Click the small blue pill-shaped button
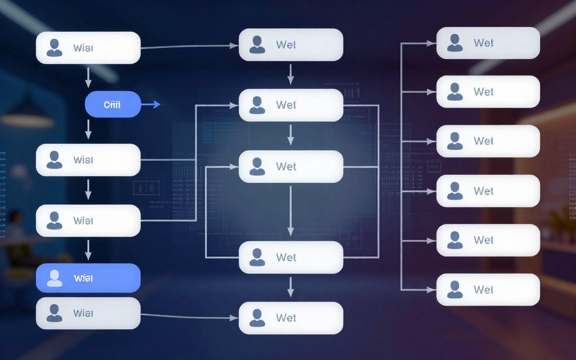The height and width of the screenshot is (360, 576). coord(112,105)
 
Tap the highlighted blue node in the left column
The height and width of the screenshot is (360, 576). coord(88,278)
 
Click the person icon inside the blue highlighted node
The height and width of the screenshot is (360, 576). coord(55,278)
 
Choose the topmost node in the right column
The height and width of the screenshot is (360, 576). coord(488,43)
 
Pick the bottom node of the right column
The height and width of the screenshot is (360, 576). coord(488,290)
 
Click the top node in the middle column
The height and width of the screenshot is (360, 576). coord(291,45)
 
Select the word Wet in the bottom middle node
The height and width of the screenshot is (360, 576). coord(286,318)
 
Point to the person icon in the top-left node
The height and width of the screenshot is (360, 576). coord(55,48)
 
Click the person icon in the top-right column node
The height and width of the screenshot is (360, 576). coord(454,43)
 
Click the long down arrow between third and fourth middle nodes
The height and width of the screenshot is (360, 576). coord(291,211)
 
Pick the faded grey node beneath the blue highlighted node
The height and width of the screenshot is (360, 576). coord(88,313)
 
